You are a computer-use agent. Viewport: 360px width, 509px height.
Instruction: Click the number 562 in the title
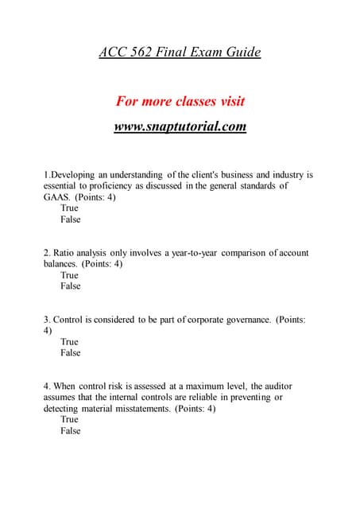pyautogui.click(x=139, y=53)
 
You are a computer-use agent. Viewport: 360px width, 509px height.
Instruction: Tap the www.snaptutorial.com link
pyautogui.click(x=180, y=126)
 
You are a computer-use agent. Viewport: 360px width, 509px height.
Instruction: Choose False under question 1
pyautogui.click(x=71, y=220)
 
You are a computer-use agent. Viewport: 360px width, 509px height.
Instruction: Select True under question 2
pyautogui.click(x=70, y=275)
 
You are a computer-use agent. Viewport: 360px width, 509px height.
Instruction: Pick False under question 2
pyautogui.click(x=71, y=286)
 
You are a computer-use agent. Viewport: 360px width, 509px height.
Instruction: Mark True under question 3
pyautogui.click(x=70, y=342)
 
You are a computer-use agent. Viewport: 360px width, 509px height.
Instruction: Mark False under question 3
pyautogui.click(x=71, y=353)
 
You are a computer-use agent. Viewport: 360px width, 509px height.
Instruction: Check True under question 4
pyautogui.click(x=70, y=420)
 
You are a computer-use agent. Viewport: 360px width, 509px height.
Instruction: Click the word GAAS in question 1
pyautogui.click(x=58, y=197)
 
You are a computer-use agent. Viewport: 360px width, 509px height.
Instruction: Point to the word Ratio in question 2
pyautogui.click(x=69, y=253)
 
